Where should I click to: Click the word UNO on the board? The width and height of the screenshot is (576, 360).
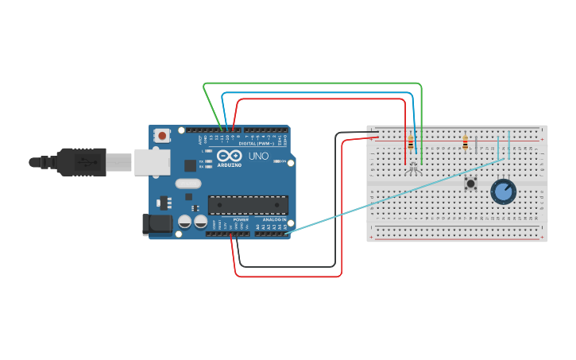[x=259, y=157]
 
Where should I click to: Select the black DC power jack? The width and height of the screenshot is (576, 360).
[x=157, y=224]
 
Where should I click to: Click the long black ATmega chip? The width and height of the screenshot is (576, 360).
[x=248, y=205]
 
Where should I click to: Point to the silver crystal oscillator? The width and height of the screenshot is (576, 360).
[x=188, y=184]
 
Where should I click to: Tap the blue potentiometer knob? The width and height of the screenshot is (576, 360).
[x=503, y=191]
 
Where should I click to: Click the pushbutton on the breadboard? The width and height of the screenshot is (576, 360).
[x=470, y=184]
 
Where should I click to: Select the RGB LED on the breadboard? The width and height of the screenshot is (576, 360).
[x=412, y=167]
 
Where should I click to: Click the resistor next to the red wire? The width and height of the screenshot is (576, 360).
[x=410, y=144]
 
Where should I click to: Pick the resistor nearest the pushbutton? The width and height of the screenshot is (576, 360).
[x=465, y=143]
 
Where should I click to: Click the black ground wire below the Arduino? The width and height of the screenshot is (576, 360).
[x=286, y=266]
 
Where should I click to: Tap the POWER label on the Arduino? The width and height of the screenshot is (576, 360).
[x=241, y=219]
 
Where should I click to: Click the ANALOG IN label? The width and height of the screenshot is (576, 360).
[x=273, y=219]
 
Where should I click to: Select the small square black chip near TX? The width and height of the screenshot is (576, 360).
[x=190, y=165]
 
